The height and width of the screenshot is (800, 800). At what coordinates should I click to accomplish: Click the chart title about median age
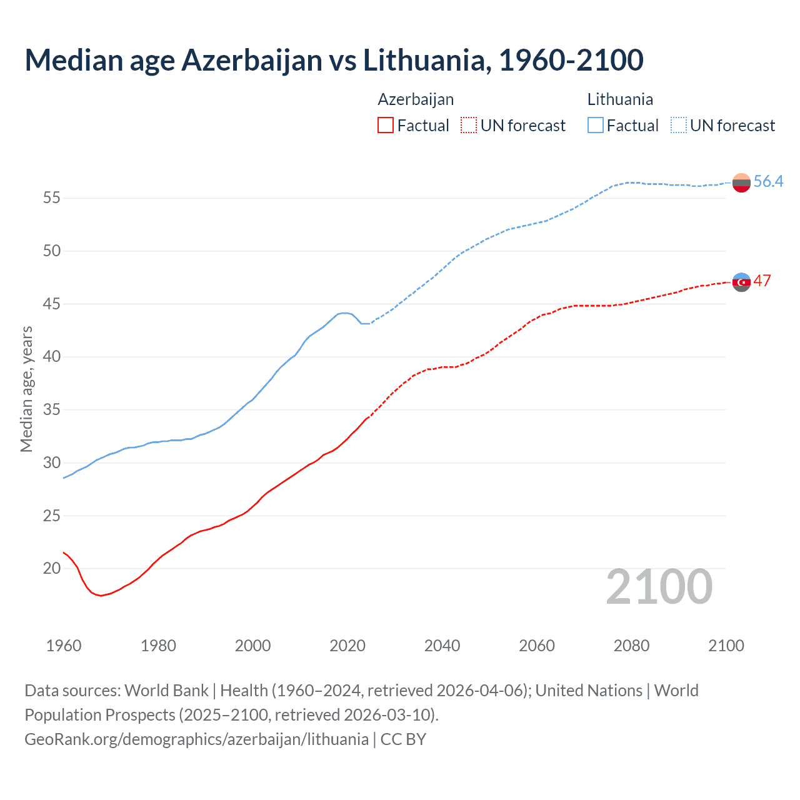[334, 60]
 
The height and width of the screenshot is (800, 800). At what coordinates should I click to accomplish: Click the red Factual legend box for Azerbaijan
[386, 125]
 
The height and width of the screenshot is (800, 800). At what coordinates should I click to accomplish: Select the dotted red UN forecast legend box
[469, 125]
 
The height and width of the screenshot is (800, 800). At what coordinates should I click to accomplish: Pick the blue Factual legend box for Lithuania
[596, 125]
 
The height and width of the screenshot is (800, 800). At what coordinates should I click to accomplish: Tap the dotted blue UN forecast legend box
[679, 125]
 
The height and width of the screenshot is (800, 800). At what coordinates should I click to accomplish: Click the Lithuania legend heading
[620, 99]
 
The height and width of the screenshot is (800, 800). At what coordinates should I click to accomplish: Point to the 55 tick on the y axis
[52, 198]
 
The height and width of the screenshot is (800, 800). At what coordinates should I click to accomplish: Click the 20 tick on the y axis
[52, 569]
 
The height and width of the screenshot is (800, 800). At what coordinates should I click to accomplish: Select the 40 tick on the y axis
[52, 357]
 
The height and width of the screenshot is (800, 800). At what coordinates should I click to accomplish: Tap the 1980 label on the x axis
[158, 646]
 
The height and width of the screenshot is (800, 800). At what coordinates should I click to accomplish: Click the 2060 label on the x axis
[537, 646]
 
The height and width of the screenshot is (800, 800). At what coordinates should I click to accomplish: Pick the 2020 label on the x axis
[347, 646]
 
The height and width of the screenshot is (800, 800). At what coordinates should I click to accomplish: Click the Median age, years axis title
[26, 389]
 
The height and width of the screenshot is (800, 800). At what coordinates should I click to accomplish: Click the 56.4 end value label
[768, 182]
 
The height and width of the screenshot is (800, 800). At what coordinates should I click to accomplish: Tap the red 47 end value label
[762, 281]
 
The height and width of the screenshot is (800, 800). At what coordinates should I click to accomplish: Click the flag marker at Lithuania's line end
[741, 182]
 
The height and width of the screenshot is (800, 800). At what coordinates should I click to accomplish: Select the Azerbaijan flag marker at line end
[741, 282]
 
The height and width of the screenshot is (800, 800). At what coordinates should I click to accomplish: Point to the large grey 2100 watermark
[659, 586]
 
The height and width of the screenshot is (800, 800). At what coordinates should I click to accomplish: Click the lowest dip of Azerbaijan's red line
[101, 596]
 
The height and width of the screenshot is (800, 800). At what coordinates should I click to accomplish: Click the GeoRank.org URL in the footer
[196, 739]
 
